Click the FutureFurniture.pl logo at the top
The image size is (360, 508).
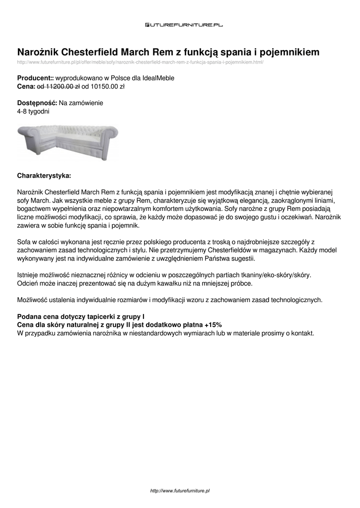pos(184,24)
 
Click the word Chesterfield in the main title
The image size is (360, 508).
pos(89,52)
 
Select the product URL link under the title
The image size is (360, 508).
pos(140,63)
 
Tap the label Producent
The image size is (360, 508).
pos(34,78)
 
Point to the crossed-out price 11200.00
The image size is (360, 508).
pos(58,86)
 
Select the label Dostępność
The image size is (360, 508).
pos(37,103)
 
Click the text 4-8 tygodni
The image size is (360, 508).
pos(33,111)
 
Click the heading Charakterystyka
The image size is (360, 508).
pos(44,176)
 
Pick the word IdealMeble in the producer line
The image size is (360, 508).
pos(158,78)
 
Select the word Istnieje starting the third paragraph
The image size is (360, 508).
pos(29,275)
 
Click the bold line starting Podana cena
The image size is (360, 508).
pos(81,316)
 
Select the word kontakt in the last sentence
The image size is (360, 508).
pos(302,333)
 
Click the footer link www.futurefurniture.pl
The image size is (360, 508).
pos(180,491)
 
